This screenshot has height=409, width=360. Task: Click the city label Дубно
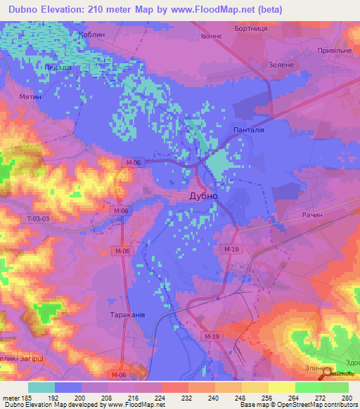(x=203, y=197)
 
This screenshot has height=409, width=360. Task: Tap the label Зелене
(x=281, y=65)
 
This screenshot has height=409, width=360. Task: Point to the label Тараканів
(x=127, y=316)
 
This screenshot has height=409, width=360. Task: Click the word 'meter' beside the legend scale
(x=13, y=397)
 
